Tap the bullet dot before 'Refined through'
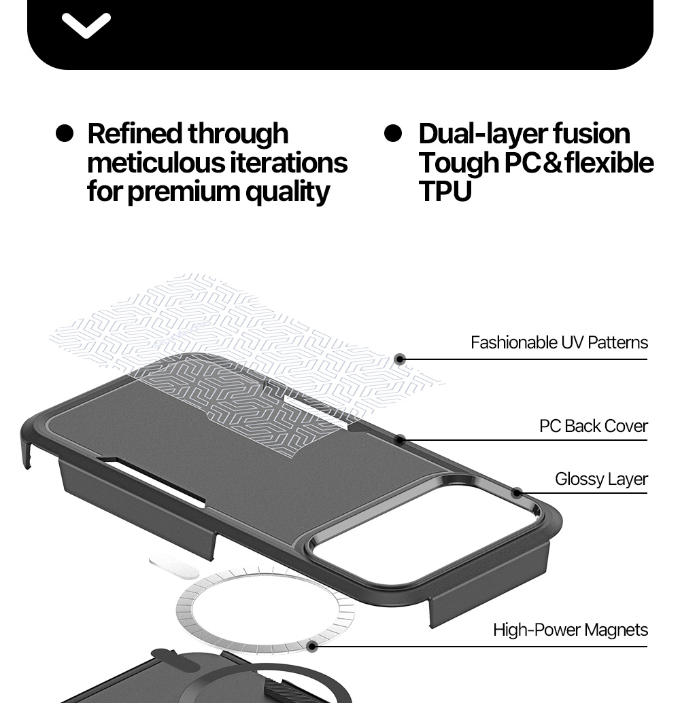pyautogui.click(x=65, y=134)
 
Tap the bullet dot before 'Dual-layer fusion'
pyautogui.click(x=393, y=134)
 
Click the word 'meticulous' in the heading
pyautogui.click(x=155, y=162)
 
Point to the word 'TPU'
pyautogui.click(x=445, y=192)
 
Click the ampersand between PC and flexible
pyautogui.click(x=552, y=163)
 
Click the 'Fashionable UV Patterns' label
pyautogui.click(x=559, y=342)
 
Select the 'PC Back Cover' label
pyautogui.click(x=594, y=426)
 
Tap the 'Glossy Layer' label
pyautogui.click(x=601, y=480)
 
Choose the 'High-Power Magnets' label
pyautogui.click(x=570, y=630)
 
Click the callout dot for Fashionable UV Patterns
pyautogui.click(x=400, y=359)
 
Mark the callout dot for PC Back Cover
pyautogui.click(x=400, y=440)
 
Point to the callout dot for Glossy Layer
pyautogui.click(x=517, y=493)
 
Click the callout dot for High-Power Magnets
pyautogui.click(x=312, y=647)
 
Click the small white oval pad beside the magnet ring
pyautogui.click(x=173, y=566)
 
